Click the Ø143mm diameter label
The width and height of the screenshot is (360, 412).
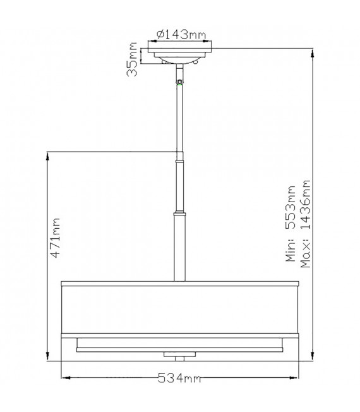tap(181, 34)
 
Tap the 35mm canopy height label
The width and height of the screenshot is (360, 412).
tap(132, 59)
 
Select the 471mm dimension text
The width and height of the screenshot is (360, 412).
tap(55, 238)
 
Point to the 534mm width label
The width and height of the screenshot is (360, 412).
tap(179, 379)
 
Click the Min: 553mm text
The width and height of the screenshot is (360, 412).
tap(291, 223)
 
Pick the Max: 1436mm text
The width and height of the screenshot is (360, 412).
tap(306, 224)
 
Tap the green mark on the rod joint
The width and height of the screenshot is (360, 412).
tap(179, 84)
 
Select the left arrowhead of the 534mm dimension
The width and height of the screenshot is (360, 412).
tap(66, 378)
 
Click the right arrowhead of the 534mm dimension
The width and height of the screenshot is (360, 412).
tap(294, 378)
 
